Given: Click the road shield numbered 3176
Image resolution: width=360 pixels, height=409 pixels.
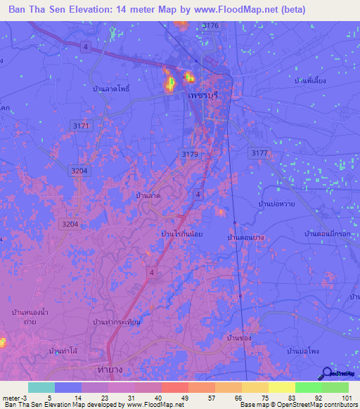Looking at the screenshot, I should point(210,25).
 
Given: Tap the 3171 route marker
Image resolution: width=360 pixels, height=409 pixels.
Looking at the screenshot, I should point(82,126).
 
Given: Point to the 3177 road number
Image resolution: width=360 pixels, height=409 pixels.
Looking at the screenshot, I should point(259,152).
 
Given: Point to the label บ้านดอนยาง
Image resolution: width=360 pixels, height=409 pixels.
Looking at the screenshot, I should point(245,238).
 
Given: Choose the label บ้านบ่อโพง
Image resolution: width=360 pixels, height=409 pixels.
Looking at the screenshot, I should point(304,350).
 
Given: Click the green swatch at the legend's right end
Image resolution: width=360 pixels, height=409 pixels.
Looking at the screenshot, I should point(335,387).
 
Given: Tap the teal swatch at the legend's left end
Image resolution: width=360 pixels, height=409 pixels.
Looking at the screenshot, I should point(41,387).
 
